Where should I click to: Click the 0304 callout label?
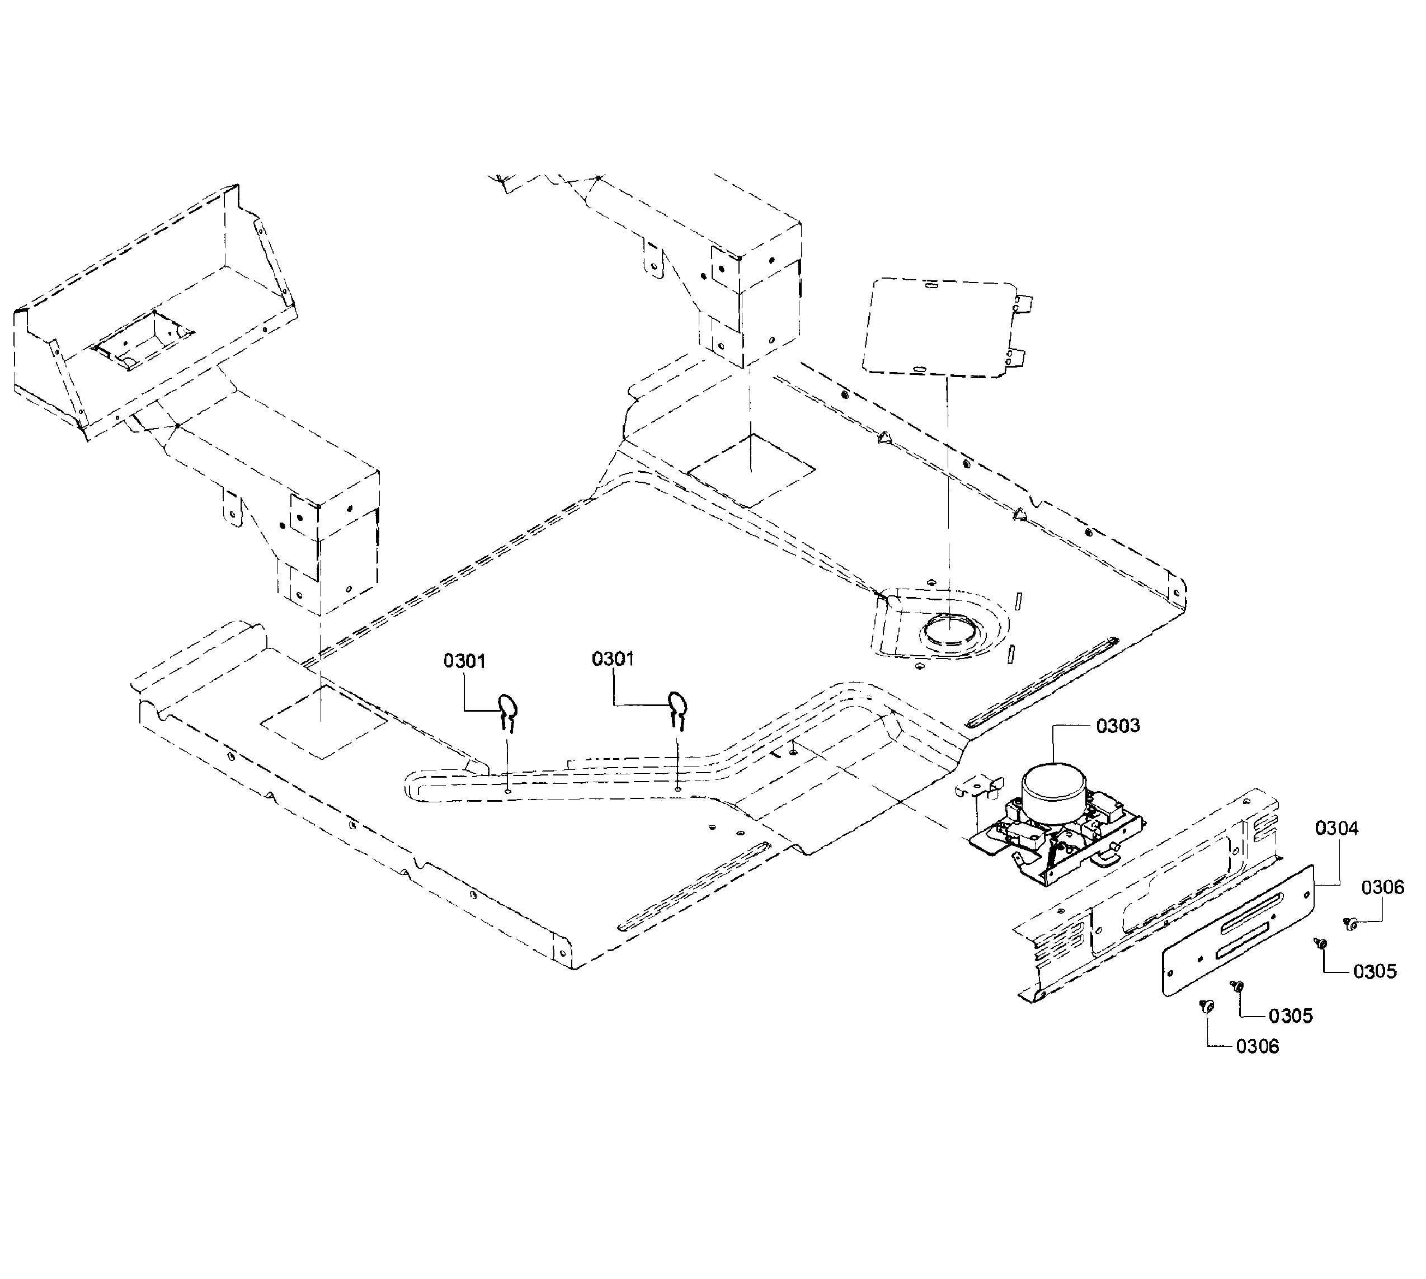[1336, 829]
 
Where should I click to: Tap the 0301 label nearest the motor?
[613, 659]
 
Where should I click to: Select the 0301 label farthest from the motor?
[464, 661]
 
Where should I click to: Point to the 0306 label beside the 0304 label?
[1383, 887]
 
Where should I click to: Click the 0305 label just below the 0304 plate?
[1291, 1015]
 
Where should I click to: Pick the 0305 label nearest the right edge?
[1375, 971]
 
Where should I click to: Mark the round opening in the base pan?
[949, 631]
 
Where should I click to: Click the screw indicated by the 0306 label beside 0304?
[1349, 924]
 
